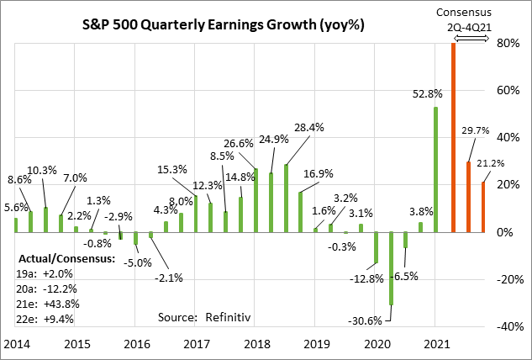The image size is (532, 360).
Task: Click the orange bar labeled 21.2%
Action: click(x=483, y=207)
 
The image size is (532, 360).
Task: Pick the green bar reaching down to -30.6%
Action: click(x=391, y=268)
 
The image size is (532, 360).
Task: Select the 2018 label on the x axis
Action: click(x=255, y=346)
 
